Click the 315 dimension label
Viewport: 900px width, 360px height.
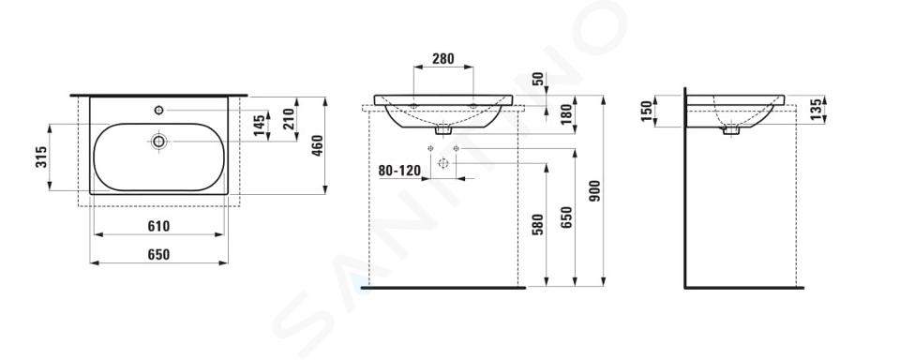41,157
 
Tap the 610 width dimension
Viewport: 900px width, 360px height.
158,226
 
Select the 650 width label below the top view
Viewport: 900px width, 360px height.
158,254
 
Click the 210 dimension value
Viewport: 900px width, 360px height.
288,119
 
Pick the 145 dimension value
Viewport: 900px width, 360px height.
260,126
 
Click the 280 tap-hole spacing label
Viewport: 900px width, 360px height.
443,58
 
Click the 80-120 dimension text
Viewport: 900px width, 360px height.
399,171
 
